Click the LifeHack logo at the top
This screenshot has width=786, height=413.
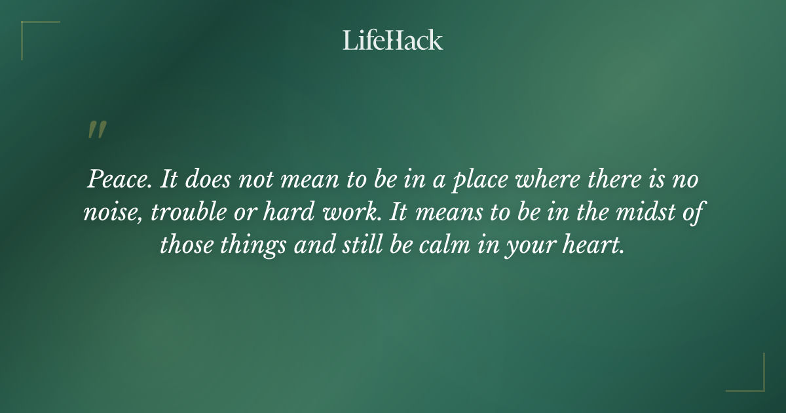point(393,40)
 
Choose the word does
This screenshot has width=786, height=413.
point(210,180)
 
